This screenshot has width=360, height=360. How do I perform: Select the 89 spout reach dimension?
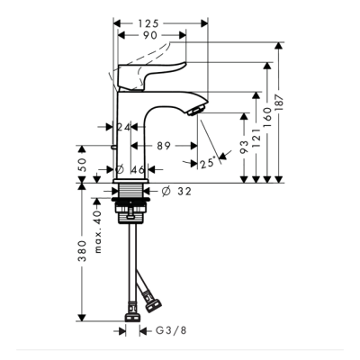tap(164, 144)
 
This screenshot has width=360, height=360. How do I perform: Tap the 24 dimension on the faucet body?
tap(124, 128)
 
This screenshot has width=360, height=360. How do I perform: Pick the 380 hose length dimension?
tap(83, 251)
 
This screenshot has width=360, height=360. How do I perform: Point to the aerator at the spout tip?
tap(193, 108)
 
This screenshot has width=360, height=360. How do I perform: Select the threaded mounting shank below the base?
tap(132, 211)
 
